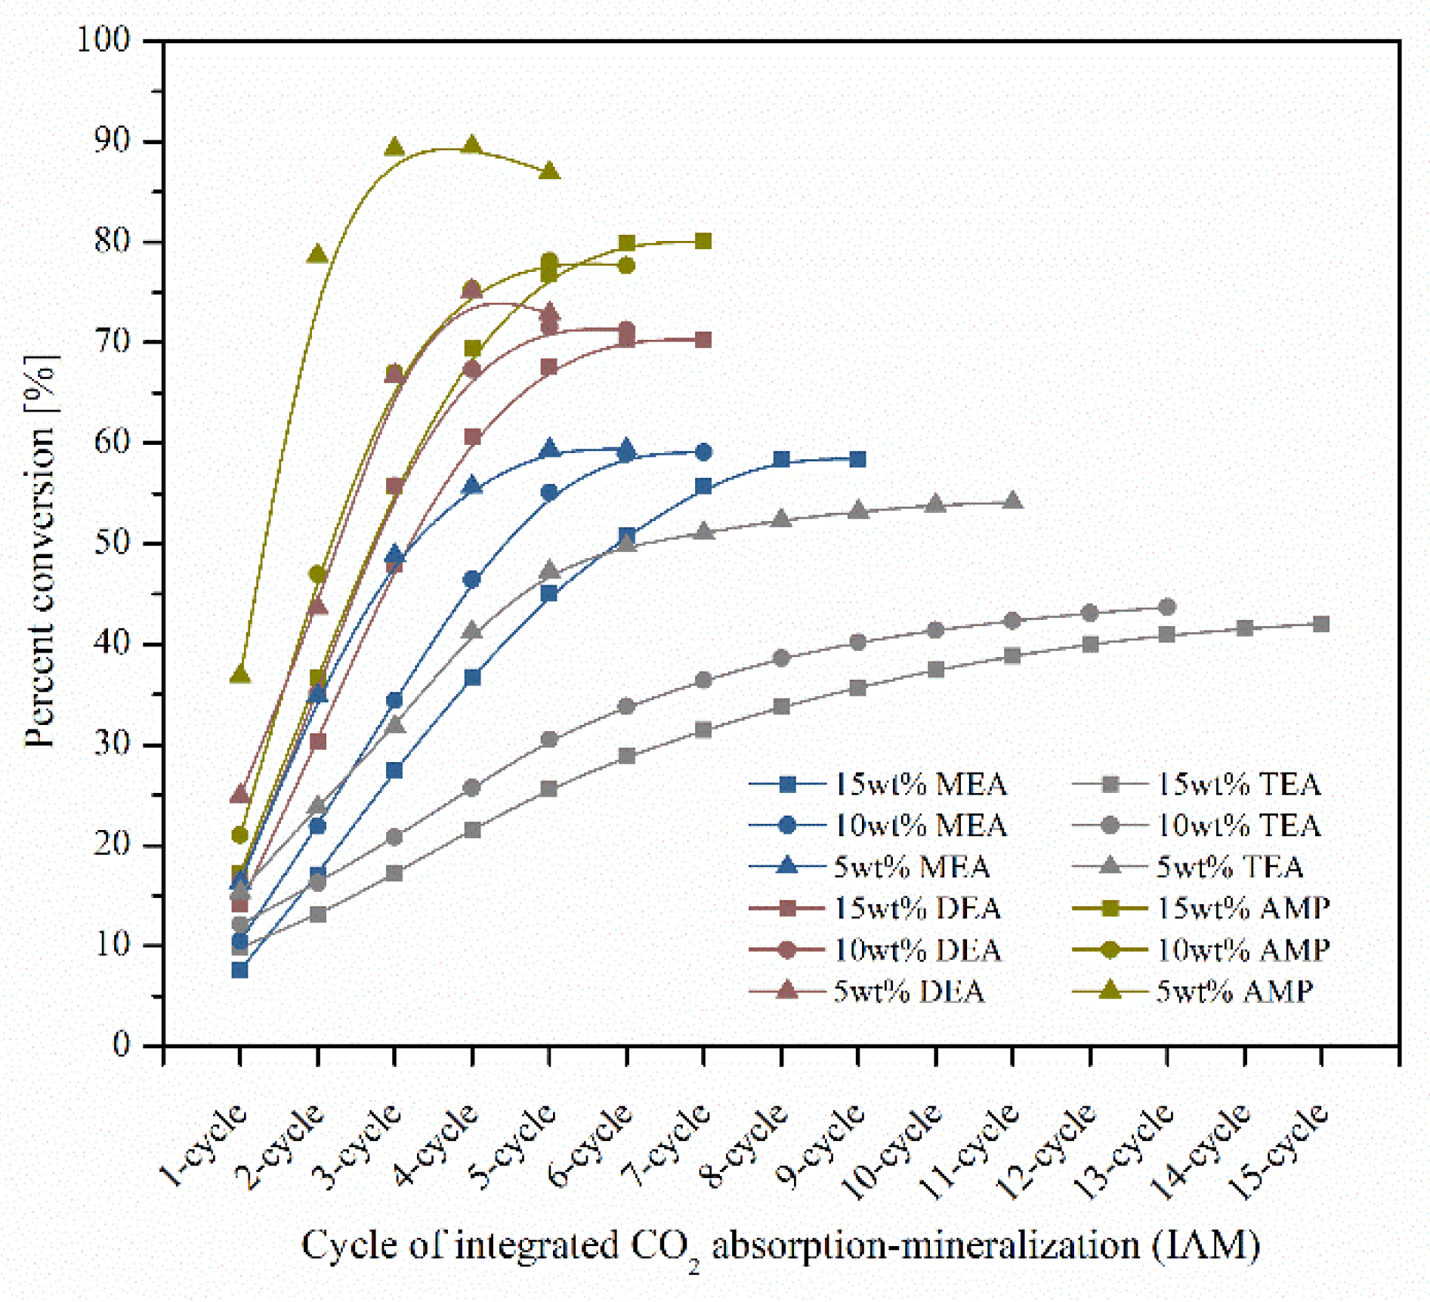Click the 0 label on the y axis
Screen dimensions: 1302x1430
[x=122, y=1044]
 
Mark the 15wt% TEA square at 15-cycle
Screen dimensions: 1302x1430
[x=1320, y=624]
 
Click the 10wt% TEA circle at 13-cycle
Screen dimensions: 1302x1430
[x=1166, y=606]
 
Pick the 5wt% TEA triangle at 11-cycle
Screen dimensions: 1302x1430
[x=1012, y=501]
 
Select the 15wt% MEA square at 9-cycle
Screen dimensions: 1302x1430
[x=857, y=459]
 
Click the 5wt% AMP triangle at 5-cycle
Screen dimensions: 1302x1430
[x=549, y=171]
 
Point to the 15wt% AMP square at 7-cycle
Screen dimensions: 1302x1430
[x=703, y=241]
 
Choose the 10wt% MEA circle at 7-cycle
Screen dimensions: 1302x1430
[x=703, y=452]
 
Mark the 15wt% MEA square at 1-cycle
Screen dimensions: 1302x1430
[x=239, y=970]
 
